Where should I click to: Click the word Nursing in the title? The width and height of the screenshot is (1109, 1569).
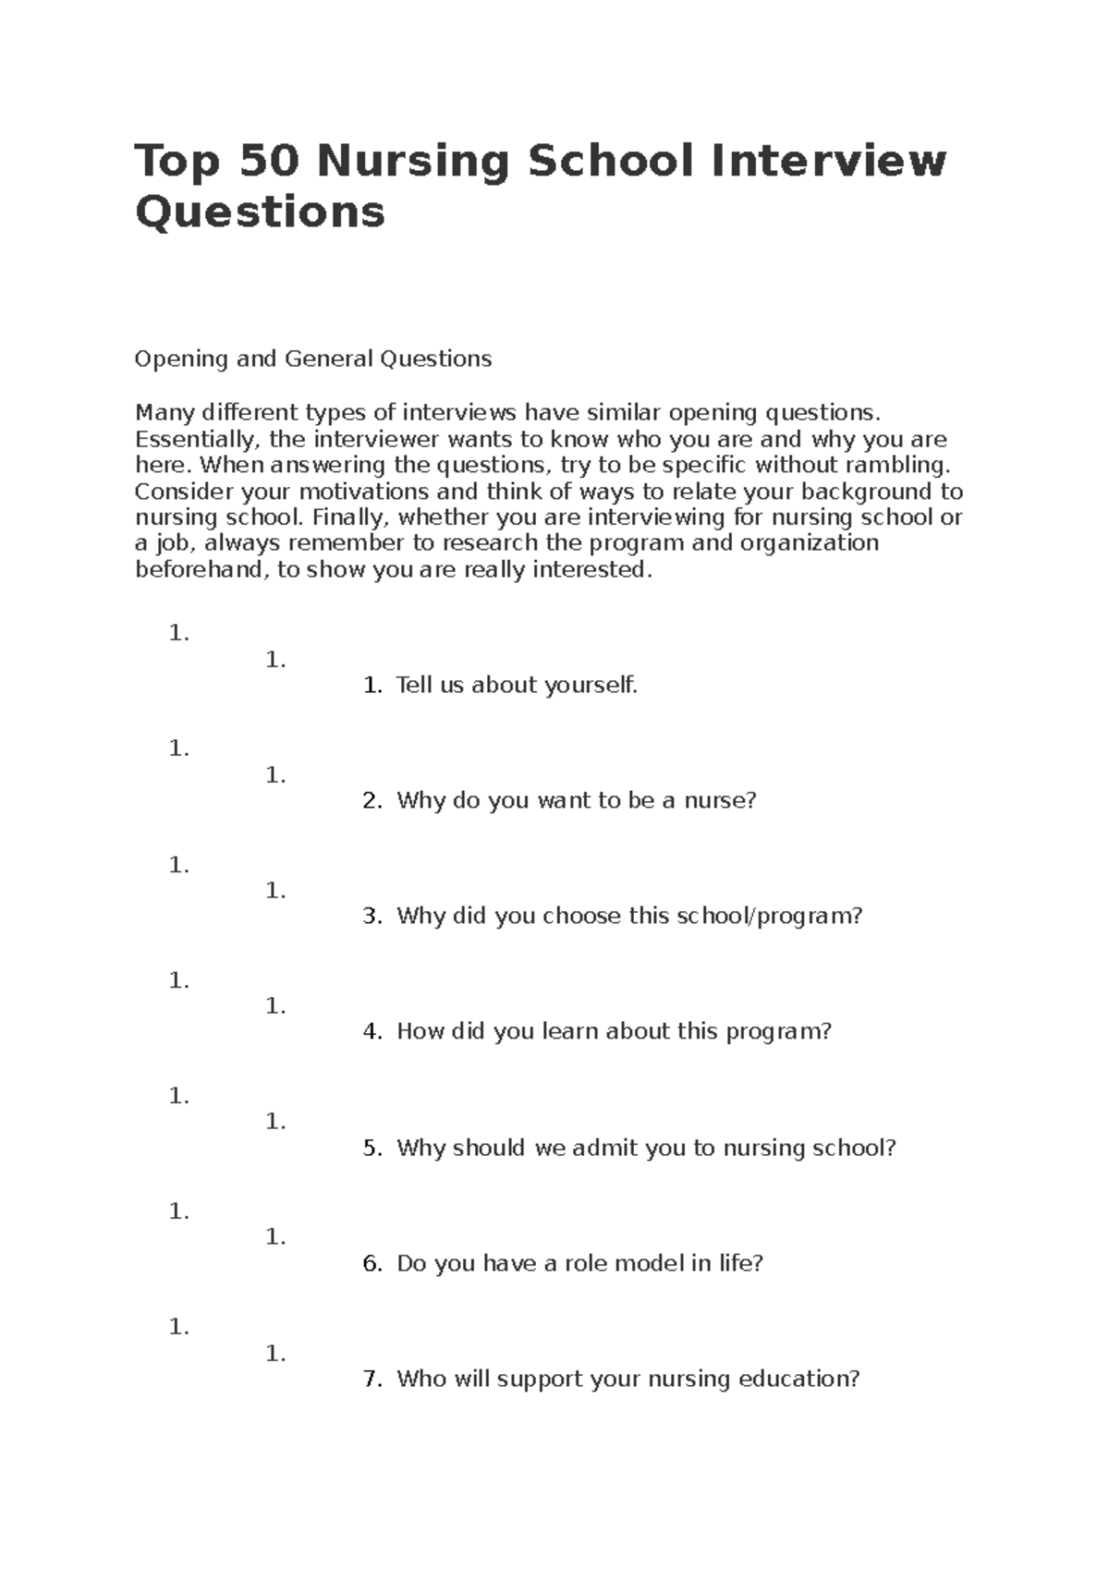pos(412,162)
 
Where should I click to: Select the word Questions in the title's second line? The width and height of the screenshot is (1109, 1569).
pos(260,213)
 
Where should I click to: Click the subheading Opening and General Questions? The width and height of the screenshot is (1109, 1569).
pos(313,359)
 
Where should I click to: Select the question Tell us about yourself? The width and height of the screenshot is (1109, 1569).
pos(517,685)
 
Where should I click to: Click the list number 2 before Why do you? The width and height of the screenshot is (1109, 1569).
pos(372,801)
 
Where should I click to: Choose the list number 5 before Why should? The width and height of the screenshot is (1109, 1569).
pos(372,1148)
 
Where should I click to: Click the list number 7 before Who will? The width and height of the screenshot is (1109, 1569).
pos(372,1380)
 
